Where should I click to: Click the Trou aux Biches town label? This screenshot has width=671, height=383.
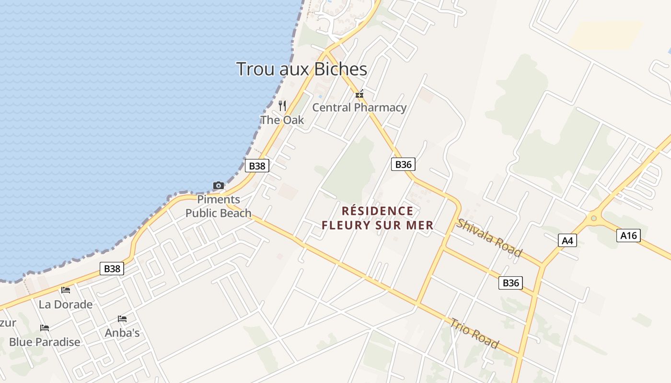(x=301, y=69)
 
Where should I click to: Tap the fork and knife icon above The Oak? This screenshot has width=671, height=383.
(x=282, y=105)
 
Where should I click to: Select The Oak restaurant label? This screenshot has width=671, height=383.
(x=282, y=120)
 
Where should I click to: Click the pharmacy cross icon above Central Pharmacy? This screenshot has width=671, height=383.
(x=359, y=94)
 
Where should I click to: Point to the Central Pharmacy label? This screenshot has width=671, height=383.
(x=359, y=107)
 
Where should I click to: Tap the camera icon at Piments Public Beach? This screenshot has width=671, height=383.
(x=218, y=185)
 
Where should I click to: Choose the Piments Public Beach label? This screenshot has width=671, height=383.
(x=218, y=206)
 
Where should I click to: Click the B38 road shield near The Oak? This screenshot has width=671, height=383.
(x=257, y=166)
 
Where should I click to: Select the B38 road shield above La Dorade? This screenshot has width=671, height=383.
(x=112, y=269)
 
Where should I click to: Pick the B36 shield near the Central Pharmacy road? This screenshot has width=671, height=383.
(x=403, y=164)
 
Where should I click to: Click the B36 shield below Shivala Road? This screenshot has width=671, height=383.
(x=510, y=283)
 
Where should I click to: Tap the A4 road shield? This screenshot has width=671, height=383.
(x=567, y=240)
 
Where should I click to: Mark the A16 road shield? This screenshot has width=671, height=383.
(x=628, y=235)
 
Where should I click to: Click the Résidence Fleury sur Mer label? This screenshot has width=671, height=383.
(x=377, y=218)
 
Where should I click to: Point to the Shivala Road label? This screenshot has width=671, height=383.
(x=488, y=237)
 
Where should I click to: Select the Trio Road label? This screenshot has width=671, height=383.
(x=474, y=333)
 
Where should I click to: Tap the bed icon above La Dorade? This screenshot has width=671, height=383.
(x=66, y=290)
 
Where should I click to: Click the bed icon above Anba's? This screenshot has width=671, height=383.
(x=122, y=319)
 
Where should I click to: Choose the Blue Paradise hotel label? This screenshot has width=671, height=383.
(x=45, y=342)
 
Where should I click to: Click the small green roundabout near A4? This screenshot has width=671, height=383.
(x=594, y=218)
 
